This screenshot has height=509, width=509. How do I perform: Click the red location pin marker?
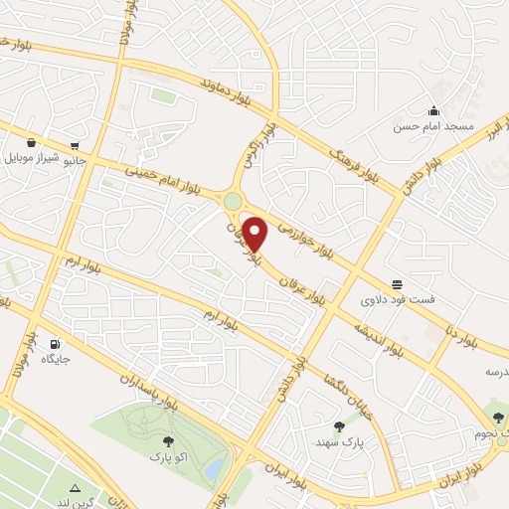(x=255, y=236)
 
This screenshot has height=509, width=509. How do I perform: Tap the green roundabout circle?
(x=233, y=202)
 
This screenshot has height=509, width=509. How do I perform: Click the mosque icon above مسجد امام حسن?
(x=433, y=110)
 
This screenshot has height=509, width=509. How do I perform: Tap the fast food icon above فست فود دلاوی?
(x=397, y=283)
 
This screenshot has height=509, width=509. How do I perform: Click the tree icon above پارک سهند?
(x=338, y=425)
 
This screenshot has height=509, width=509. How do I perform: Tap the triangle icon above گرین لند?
(x=76, y=488)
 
